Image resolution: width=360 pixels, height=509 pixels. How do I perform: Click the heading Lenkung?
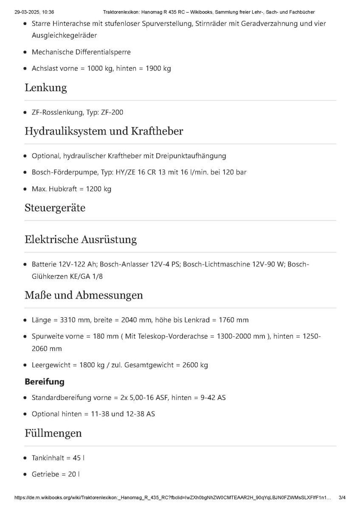tap(46, 88)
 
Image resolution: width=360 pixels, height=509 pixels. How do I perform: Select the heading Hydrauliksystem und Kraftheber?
tap(104, 131)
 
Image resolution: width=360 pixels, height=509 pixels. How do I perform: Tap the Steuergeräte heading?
tap(55, 208)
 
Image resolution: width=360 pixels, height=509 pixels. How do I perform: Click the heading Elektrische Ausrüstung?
tap(81, 240)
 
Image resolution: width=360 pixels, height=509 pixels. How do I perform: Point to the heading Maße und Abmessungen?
tap(84, 295)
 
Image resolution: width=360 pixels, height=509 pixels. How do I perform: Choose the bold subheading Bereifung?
tap(45, 382)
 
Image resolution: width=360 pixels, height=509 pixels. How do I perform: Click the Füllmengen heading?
tap(53, 433)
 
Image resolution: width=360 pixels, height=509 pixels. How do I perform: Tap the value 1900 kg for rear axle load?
tap(158, 68)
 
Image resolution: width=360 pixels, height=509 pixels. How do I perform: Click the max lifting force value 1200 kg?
tap(98, 189)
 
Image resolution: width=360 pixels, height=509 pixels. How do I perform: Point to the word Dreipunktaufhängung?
tap(190, 156)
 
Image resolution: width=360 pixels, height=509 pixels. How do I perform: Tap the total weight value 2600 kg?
tap(195, 365)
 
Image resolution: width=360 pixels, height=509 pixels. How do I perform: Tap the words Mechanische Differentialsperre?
tap(81, 52)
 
